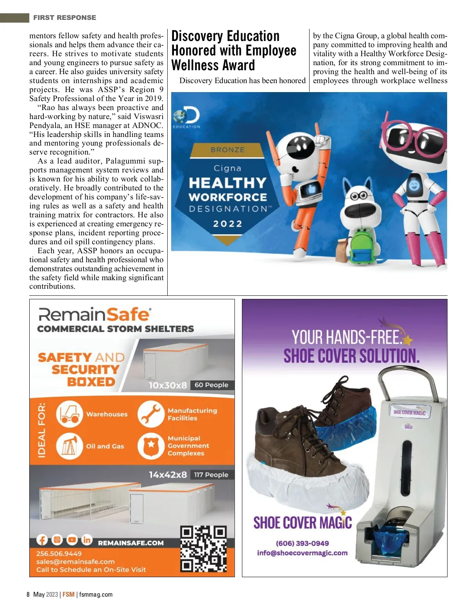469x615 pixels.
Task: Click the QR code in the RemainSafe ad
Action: pos(203,549)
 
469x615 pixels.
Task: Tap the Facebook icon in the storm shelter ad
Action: pos(42,540)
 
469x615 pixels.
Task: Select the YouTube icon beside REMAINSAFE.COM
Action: pos(72,540)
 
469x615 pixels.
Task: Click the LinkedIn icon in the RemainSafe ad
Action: pos(86,540)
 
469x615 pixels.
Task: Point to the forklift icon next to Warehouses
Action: pos(70,414)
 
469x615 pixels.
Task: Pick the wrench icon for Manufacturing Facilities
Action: pos(150,414)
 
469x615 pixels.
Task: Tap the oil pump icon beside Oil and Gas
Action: pos(70,446)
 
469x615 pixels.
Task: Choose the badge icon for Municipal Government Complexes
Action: pos(150,446)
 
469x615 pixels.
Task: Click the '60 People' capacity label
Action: pos(211,385)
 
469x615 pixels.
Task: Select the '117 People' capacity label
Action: pos(211,475)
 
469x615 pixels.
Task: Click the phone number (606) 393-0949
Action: pos(302,543)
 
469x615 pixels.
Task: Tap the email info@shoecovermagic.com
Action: pos(302,553)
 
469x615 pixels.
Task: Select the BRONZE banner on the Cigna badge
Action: pos(227,150)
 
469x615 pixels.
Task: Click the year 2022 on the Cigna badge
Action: pos(227,224)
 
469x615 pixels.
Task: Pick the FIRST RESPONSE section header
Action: pos(64,18)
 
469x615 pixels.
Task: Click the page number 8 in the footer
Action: pos(28,594)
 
